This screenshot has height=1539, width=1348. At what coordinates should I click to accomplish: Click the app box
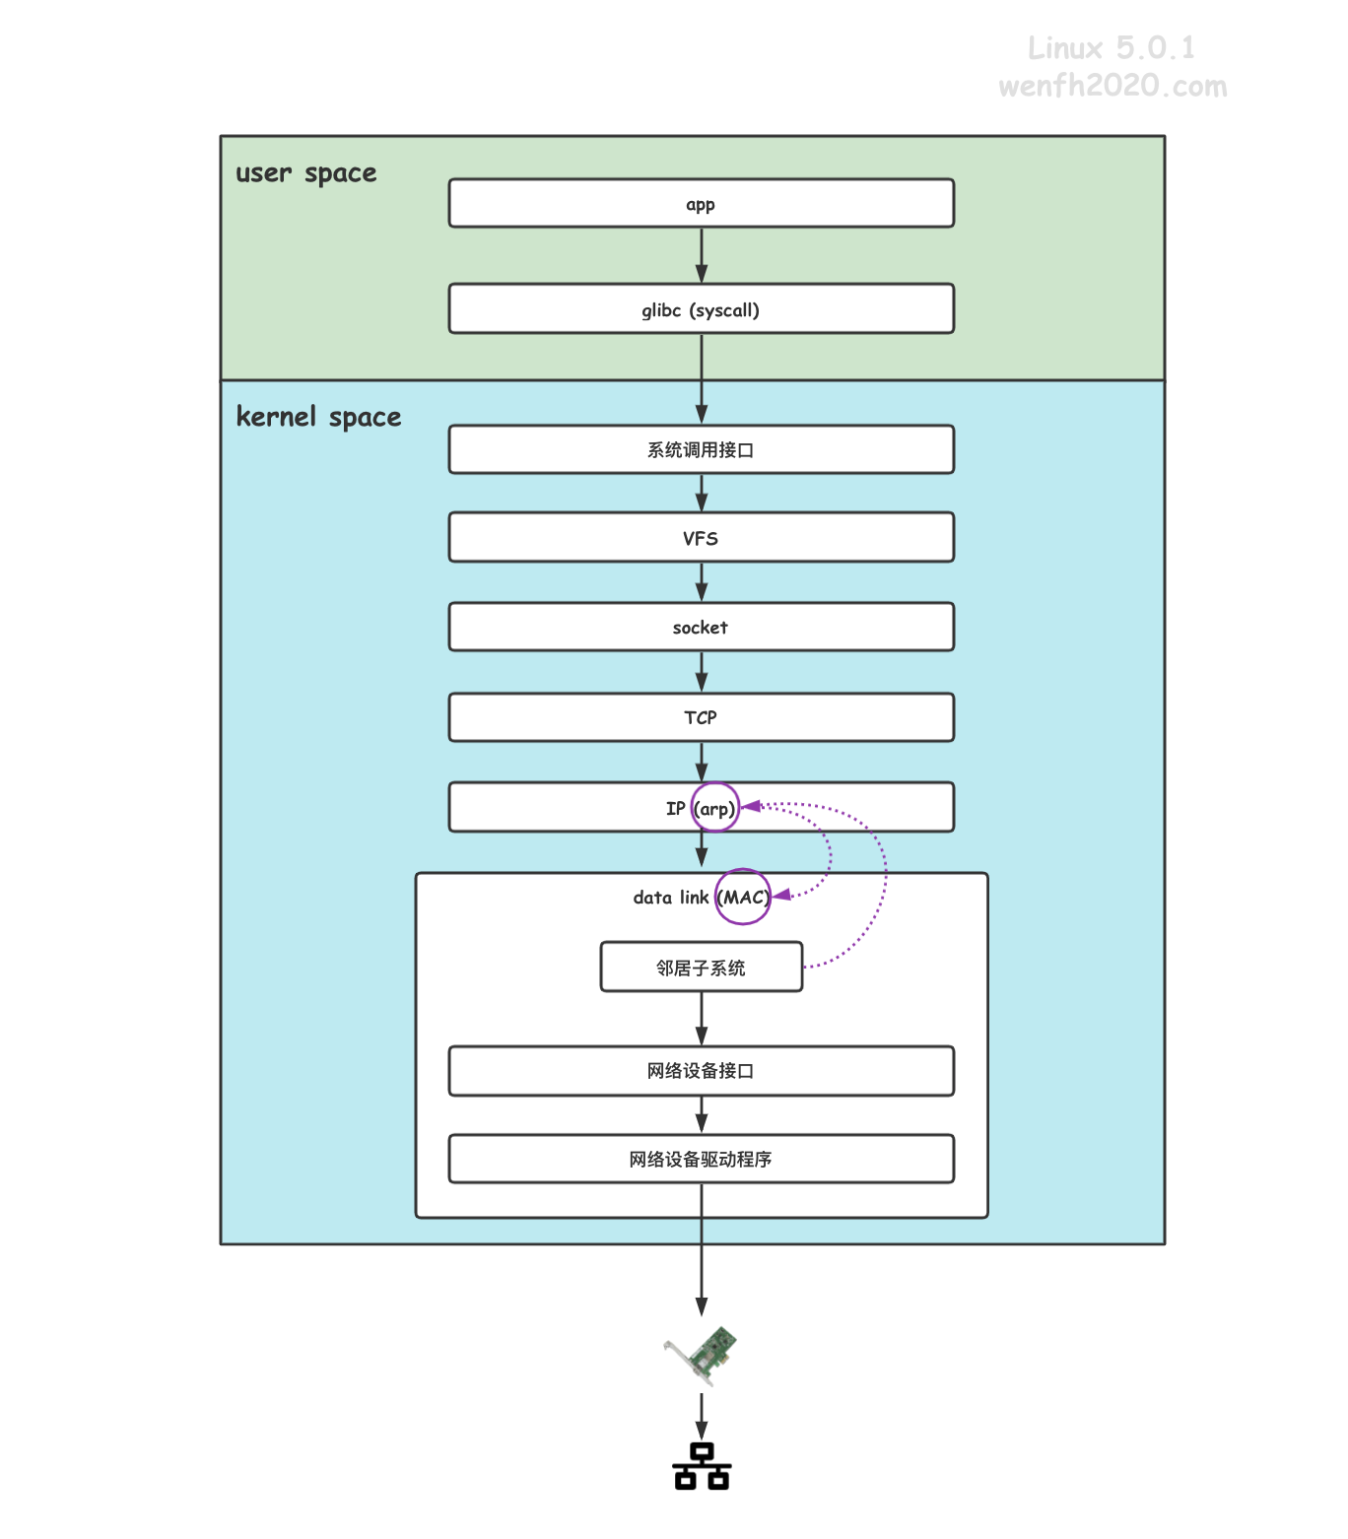click(x=701, y=203)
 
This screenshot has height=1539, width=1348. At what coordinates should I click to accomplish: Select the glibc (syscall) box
click(x=701, y=308)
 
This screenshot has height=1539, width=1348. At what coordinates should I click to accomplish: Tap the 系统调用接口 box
click(x=701, y=449)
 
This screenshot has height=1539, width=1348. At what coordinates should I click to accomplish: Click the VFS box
click(x=701, y=537)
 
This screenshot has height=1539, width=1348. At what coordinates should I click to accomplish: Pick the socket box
click(x=701, y=627)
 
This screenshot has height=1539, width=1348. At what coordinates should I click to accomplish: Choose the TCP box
click(x=701, y=717)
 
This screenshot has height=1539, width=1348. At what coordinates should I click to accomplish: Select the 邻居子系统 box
click(x=701, y=967)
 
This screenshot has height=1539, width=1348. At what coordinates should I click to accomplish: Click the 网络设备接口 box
click(x=701, y=1070)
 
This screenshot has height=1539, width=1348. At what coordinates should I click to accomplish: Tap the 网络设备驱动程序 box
click(x=701, y=1159)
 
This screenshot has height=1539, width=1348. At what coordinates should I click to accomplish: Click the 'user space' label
click(x=306, y=173)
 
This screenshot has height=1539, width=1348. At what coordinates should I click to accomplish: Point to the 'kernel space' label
click(x=319, y=417)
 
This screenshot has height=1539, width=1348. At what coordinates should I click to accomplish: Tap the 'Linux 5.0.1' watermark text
click(x=1112, y=48)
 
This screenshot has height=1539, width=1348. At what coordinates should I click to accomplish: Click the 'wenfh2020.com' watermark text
click(x=1112, y=86)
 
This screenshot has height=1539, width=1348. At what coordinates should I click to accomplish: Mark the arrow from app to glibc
click(x=701, y=256)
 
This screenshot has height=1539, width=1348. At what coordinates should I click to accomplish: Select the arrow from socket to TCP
click(x=701, y=672)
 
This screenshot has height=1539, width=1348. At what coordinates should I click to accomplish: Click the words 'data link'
click(x=670, y=898)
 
